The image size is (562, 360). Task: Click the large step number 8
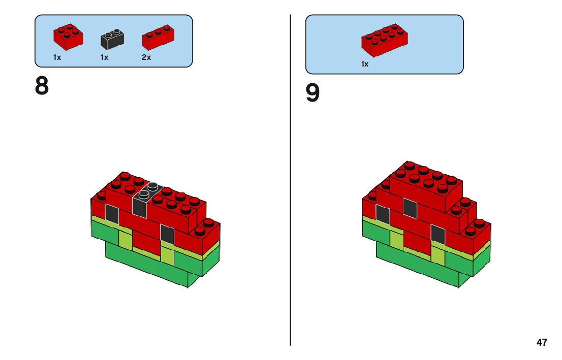click(x=42, y=86)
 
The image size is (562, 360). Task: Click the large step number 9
click(x=312, y=93)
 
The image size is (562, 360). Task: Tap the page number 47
click(x=542, y=342)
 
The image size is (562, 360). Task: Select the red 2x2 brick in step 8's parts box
click(x=68, y=37)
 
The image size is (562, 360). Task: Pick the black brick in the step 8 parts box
click(x=112, y=39)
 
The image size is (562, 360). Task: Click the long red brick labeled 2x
click(x=158, y=37)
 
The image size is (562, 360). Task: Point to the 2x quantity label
click(x=146, y=57)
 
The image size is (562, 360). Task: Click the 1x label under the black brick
click(x=104, y=57)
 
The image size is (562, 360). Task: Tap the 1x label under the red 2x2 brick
click(x=57, y=57)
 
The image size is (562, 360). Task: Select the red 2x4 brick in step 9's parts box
click(x=384, y=40)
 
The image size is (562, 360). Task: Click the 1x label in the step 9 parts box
click(x=365, y=64)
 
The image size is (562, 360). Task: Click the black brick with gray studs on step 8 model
click(x=147, y=199)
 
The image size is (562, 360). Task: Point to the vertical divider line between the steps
click(x=290, y=180)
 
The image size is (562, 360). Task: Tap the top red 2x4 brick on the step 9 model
click(x=426, y=186)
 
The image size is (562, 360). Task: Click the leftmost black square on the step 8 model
click(x=112, y=214)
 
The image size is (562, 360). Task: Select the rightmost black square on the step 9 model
click(x=438, y=235)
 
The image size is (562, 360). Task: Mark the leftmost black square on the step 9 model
click(x=383, y=214)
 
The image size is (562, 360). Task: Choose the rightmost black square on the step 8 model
click(x=167, y=235)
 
